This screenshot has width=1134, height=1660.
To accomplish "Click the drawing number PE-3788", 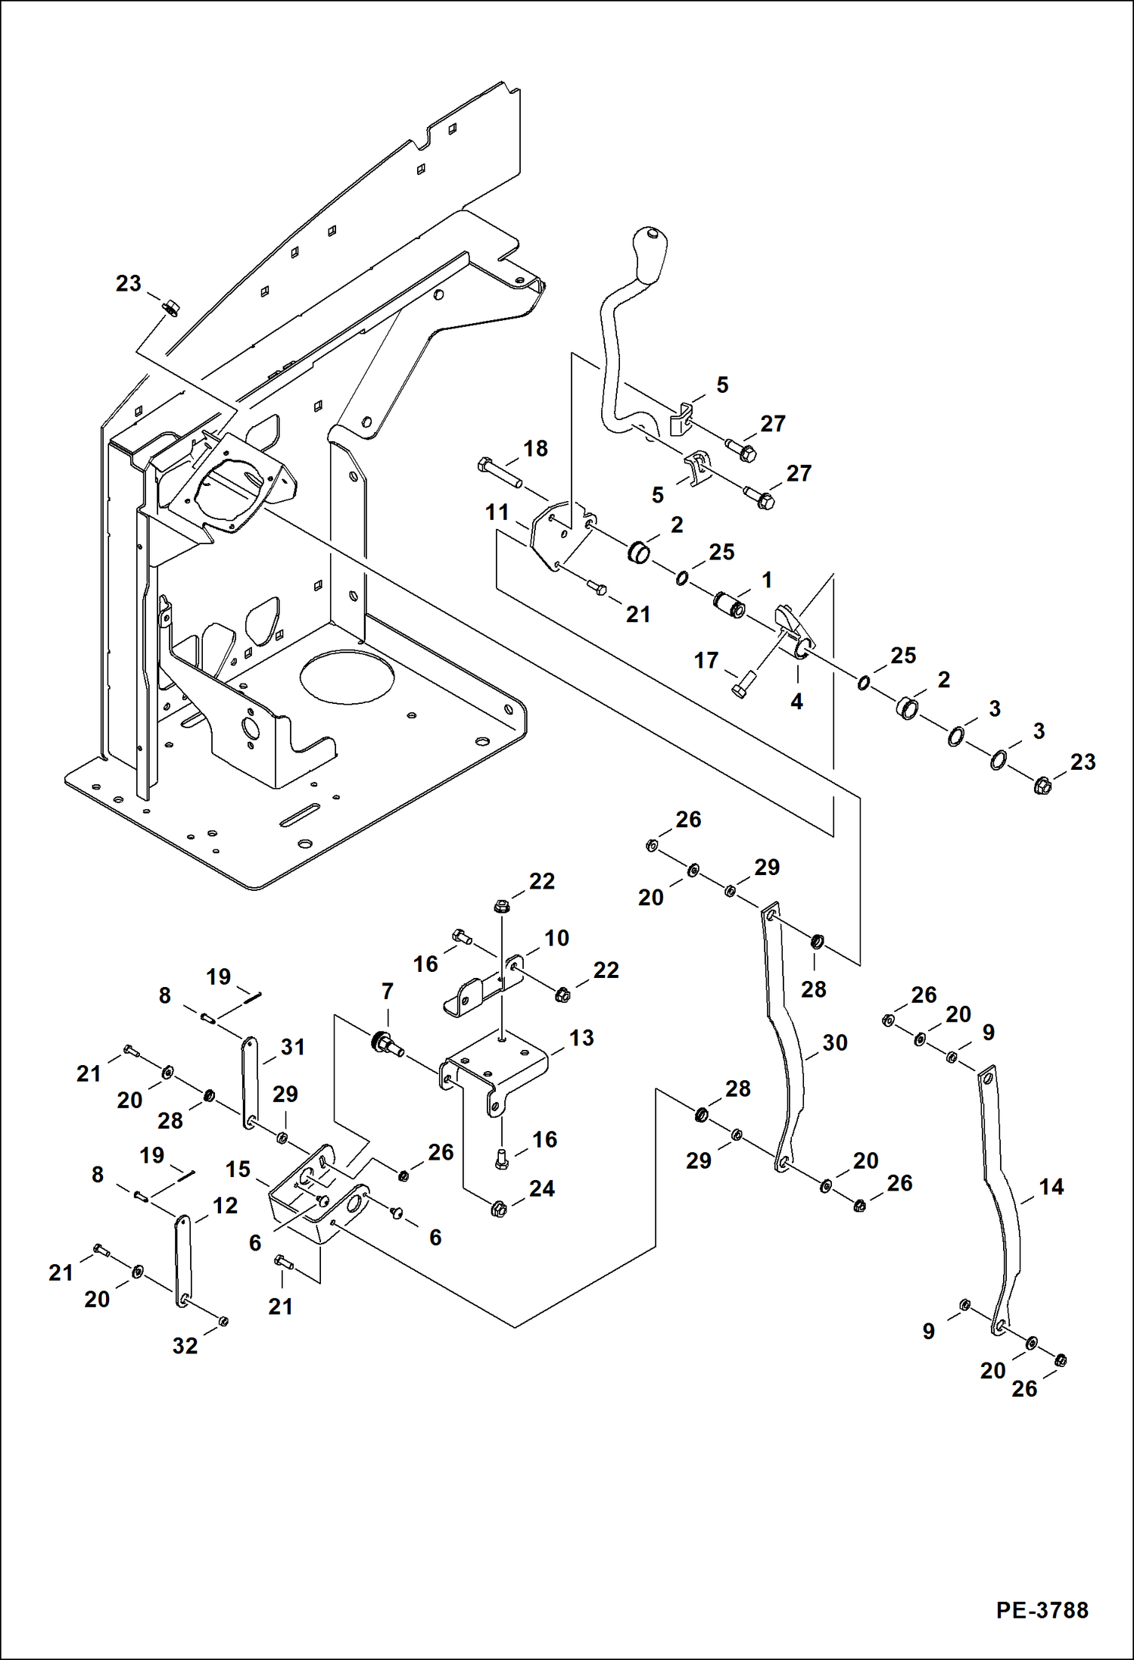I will click(1042, 1610).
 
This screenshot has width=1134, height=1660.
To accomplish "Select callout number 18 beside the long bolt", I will click(535, 448).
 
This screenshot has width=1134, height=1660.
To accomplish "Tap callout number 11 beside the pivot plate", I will click(497, 512).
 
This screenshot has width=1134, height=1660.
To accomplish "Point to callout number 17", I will click(706, 660).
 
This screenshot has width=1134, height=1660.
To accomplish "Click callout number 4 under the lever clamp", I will click(796, 702).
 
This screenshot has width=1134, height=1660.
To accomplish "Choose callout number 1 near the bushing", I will click(767, 580).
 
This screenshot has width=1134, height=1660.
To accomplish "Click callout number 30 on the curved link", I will click(834, 1042).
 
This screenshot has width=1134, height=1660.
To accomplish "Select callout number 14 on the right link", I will click(1051, 1187).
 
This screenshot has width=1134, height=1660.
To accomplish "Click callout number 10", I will click(556, 938).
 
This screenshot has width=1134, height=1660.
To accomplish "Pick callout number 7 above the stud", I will click(388, 991).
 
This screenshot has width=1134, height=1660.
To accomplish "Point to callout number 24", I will click(542, 1188).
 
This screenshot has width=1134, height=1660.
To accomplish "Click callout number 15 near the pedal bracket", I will click(238, 1169).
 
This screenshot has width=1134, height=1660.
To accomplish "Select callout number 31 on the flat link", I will click(293, 1047).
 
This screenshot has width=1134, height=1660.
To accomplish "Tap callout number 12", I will click(225, 1205).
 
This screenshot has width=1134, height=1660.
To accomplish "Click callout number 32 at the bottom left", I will click(185, 1346).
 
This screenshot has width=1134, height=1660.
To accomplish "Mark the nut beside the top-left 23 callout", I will click(171, 307).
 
